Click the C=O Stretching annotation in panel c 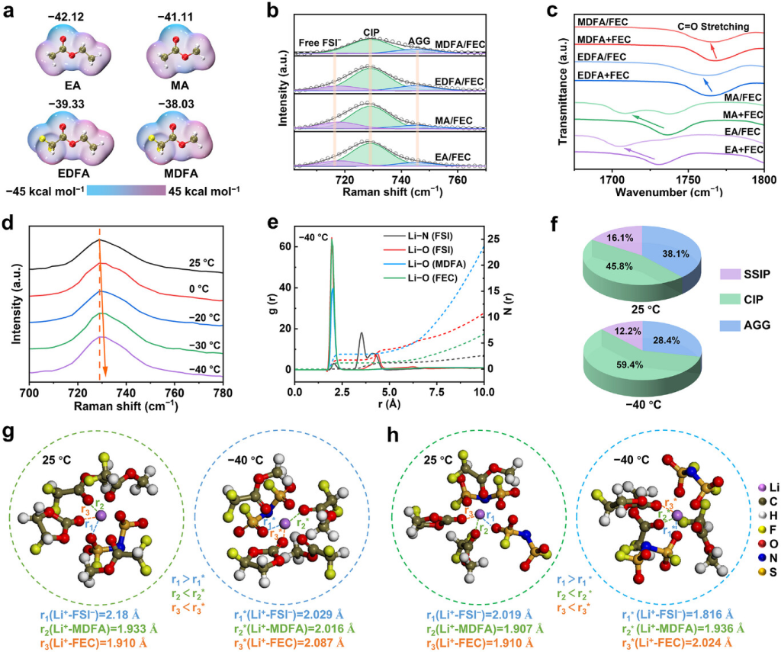coord(707,27)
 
